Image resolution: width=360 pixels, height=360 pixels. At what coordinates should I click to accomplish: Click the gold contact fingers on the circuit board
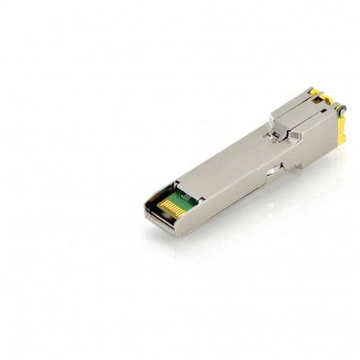click(167, 207)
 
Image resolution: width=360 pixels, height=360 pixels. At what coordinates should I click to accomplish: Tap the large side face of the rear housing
click(314, 145)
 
